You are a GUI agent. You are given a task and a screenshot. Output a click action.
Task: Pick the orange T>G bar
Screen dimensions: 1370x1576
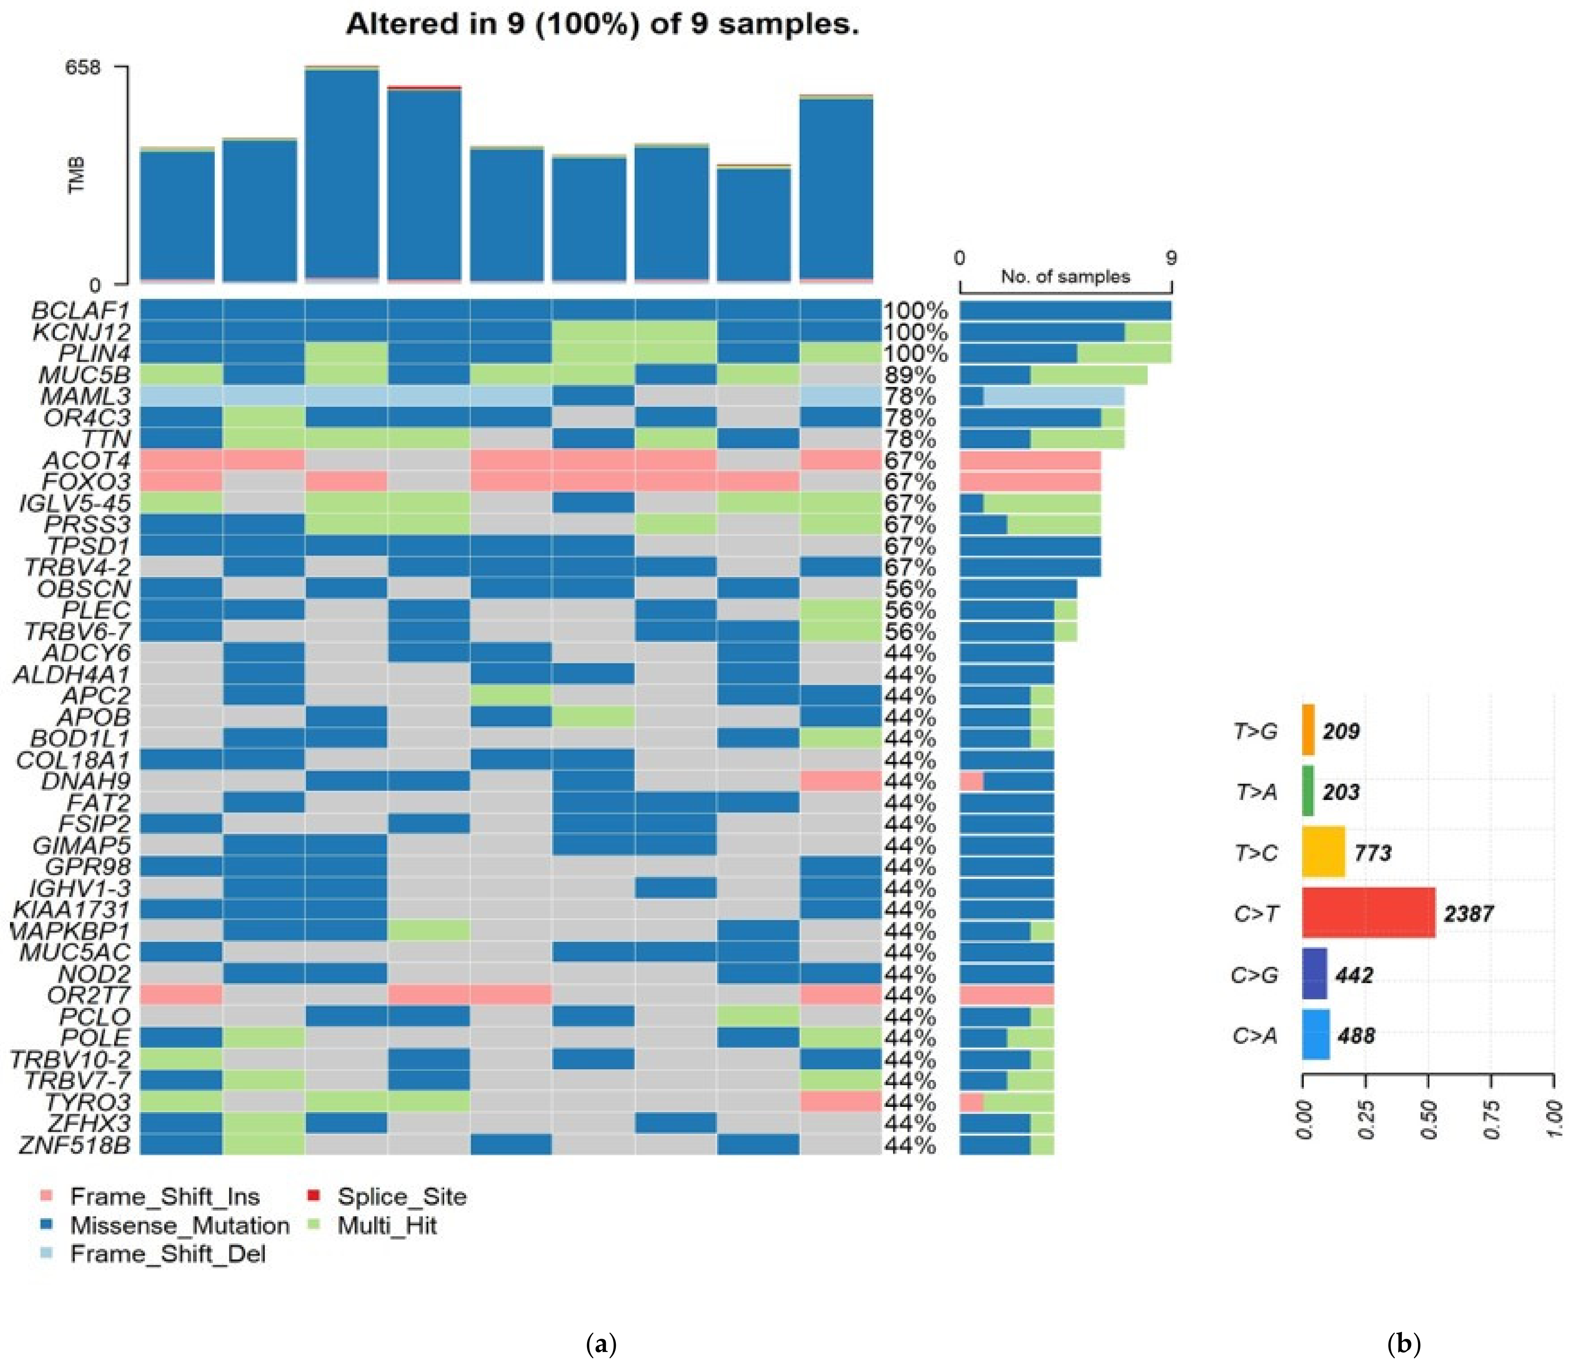(1308, 730)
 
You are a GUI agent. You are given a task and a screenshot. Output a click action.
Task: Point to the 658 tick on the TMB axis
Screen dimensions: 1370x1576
(83, 67)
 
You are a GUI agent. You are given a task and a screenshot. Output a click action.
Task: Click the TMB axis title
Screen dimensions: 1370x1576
(77, 176)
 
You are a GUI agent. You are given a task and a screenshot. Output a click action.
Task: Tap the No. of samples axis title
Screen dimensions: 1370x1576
(1065, 277)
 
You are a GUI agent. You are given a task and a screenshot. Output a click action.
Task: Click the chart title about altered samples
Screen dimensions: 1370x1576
(602, 24)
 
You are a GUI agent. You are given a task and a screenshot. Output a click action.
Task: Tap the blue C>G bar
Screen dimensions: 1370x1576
(1314, 974)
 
